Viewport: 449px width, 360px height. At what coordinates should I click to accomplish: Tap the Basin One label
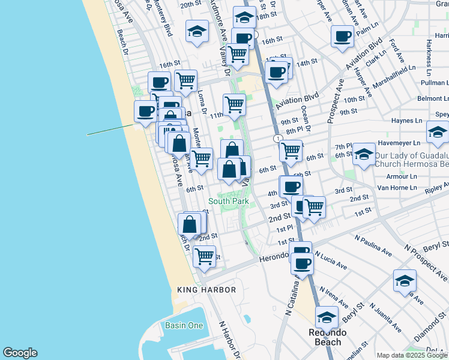coord(184,326)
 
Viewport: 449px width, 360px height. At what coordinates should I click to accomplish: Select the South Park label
coord(229,202)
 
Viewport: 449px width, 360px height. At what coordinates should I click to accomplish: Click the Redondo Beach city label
coord(325,337)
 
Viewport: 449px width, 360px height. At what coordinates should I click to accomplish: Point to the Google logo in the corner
coord(20,353)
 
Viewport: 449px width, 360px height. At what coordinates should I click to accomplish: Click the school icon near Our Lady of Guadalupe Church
coord(364,154)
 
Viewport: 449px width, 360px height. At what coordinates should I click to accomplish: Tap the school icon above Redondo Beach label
coord(327,316)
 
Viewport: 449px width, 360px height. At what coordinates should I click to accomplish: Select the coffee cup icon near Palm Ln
coord(342,36)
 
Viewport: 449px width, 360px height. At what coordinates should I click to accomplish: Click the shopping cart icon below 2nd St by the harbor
coord(205,256)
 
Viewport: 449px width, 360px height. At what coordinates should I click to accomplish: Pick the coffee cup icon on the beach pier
coord(145,110)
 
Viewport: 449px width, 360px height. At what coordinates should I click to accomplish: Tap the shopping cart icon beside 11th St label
coord(234,104)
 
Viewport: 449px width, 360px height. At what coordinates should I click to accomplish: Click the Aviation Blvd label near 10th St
coord(296,100)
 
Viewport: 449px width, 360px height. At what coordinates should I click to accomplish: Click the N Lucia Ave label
coord(331,260)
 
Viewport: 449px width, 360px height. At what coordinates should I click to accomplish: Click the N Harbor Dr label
coord(229,339)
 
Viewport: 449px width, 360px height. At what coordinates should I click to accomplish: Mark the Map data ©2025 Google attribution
coord(412,355)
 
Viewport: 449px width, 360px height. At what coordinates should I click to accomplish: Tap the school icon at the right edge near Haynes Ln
coord(438,131)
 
